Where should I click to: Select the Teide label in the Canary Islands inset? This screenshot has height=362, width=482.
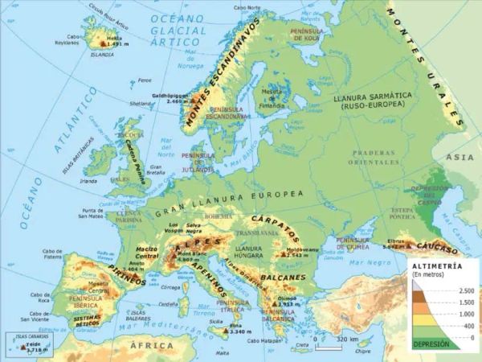(33, 343)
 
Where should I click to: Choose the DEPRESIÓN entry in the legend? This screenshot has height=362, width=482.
(431, 343)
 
